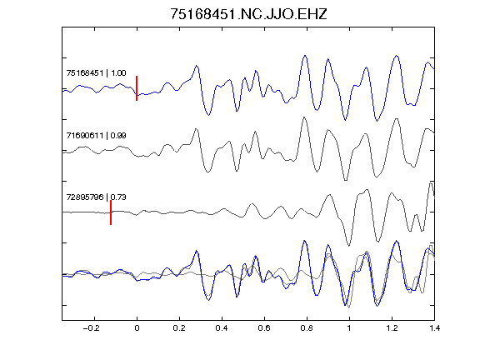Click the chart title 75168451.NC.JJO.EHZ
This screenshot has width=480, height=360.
click(x=248, y=14)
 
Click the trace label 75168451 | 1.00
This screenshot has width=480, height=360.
click(x=96, y=73)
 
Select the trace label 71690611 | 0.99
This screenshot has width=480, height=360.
click(x=96, y=135)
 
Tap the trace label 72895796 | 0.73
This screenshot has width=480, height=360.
click(x=96, y=197)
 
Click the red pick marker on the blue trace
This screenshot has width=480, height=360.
click(x=137, y=88)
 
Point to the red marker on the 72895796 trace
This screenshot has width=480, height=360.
click(x=111, y=212)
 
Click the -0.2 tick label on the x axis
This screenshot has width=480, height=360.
click(x=91, y=328)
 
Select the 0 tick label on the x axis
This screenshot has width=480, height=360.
click(x=137, y=328)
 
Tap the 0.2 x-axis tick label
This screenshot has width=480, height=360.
click(x=179, y=328)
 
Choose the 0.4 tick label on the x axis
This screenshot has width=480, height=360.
click(x=222, y=328)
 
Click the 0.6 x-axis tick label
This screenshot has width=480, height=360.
click(x=264, y=328)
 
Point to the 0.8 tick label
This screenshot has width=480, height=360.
click(x=307, y=328)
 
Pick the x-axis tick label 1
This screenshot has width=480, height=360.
click(x=349, y=328)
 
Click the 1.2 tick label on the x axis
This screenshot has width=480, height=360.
click(x=392, y=328)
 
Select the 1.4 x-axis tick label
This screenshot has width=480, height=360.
click(x=434, y=328)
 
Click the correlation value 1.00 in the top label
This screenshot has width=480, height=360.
click(x=118, y=73)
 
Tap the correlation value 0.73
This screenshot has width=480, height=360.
click(x=118, y=197)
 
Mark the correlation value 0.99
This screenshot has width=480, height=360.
click(x=118, y=135)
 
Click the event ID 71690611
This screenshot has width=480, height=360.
click(x=85, y=135)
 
